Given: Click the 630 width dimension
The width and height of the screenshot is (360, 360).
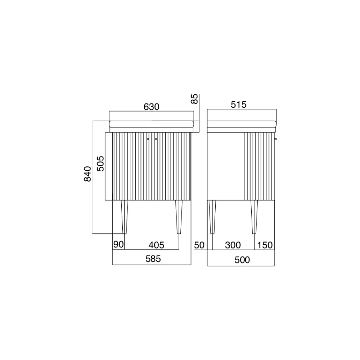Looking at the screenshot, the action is pyautogui.click(x=151, y=107).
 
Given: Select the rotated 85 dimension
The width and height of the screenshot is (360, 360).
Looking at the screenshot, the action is pyautogui.click(x=194, y=99).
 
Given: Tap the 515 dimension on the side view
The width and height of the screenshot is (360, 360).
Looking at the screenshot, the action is pyautogui.click(x=239, y=104).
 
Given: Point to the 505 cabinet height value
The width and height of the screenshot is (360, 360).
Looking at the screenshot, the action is pyautogui.click(x=100, y=164).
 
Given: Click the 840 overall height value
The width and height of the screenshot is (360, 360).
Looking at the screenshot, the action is pyautogui.click(x=87, y=174).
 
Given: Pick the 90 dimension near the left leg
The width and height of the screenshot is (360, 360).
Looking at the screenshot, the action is pyautogui.click(x=118, y=244).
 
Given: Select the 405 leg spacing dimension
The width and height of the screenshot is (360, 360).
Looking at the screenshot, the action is pyautogui.click(x=156, y=245).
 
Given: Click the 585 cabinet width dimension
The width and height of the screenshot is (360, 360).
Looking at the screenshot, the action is pyautogui.click(x=153, y=259).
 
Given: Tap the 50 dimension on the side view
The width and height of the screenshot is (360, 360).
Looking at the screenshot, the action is pyautogui.click(x=199, y=245).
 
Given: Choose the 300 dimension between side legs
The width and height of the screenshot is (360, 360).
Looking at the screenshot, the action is pyautogui.click(x=233, y=245).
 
